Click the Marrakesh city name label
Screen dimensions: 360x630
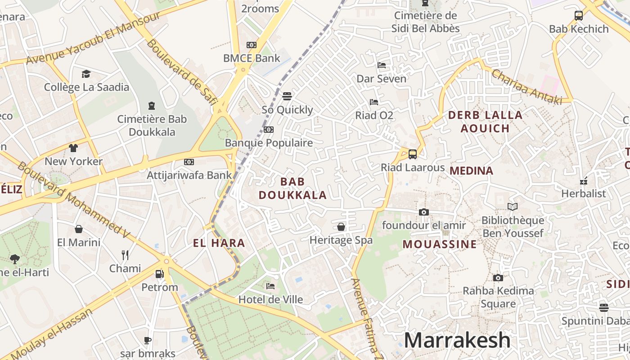tap(457, 340)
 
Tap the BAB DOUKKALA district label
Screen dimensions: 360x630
tap(292, 189)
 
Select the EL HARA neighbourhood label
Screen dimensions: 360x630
tap(219, 243)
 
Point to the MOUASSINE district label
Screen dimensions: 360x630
tap(439, 244)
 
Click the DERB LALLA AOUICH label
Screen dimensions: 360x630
tap(485, 121)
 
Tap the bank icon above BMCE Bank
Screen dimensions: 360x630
tap(252, 45)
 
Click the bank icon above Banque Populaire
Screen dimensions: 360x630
tap(269, 130)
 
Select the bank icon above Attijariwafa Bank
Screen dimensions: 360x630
tap(189, 162)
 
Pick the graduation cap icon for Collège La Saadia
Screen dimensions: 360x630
tap(86, 74)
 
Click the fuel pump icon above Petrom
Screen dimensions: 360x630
tap(159, 274)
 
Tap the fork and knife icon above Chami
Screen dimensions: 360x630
tap(125, 255)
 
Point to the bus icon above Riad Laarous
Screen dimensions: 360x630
tap(412, 154)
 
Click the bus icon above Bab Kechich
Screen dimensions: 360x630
tap(579, 16)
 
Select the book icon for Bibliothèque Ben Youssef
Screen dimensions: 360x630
tap(513, 207)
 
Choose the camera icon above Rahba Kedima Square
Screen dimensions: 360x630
tap(498, 278)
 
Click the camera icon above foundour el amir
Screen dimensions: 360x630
tap(423, 212)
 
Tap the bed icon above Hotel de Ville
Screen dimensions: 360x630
tap(270, 286)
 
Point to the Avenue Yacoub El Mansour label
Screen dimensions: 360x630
tap(93, 39)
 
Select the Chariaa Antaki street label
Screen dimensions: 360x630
tap(526, 87)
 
